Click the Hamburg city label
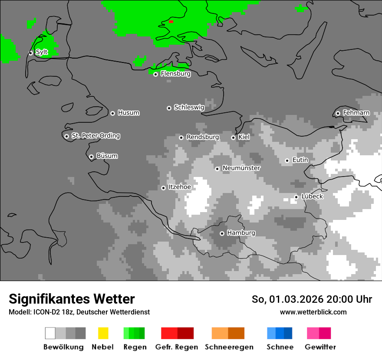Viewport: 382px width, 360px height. pos(241,233)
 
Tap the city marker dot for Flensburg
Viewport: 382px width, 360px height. pos(155,74)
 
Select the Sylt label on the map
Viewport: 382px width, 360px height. pos(42,52)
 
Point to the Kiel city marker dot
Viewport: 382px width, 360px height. pos(233,137)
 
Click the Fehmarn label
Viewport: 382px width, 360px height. pos(356,113)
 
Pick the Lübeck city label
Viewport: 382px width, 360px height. pos(312,196)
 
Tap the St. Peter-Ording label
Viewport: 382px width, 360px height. pos(95,136)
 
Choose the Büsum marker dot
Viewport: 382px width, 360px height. pos(91,157)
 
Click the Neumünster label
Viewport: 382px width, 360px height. pos(241,168)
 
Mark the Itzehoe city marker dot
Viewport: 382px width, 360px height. pos(163,188)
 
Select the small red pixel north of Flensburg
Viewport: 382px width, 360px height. pos(171,21)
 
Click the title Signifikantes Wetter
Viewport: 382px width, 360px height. pos(72,299)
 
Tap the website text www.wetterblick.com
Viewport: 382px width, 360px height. pos(313,312)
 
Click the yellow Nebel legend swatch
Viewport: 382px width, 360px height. pos(103,333)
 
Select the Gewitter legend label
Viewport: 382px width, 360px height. pos(320,347)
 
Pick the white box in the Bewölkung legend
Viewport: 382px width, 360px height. pos(50,333)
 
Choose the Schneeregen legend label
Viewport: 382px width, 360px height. pos(229,347)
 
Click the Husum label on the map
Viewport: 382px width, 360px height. pos(128,113)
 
